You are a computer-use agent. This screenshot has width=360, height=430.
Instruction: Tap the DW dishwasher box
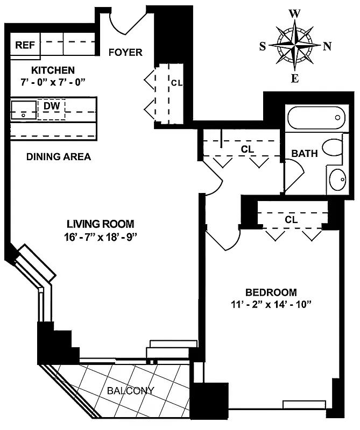(51, 107)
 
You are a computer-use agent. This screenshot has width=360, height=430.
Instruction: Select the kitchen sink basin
(23, 109)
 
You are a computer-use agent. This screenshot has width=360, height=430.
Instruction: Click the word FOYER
(125, 52)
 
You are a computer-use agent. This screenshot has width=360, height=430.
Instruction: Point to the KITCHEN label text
(52, 70)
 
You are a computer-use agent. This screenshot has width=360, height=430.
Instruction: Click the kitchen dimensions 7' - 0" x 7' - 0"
(52, 81)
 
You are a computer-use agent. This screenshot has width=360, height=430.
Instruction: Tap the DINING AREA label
(59, 157)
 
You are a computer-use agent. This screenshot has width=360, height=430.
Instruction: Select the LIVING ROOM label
(100, 224)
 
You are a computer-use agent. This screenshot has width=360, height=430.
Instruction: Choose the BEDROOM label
(271, 292)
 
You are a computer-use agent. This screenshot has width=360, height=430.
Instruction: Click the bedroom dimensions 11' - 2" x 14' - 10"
(271, 304)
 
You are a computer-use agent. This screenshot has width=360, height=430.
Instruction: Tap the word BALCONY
(130, 391)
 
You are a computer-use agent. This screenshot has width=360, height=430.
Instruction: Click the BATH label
(304, 154)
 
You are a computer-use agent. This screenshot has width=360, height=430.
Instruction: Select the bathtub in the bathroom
(314, 117)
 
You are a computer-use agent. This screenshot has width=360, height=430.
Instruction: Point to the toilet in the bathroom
(332, 147)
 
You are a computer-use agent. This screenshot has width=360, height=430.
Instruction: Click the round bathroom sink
(336, 179)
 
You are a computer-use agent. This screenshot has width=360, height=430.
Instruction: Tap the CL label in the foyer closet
(177, 83)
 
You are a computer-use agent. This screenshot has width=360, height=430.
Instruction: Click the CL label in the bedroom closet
(291, 220)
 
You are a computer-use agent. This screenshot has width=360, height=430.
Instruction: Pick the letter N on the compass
(326, 46)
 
